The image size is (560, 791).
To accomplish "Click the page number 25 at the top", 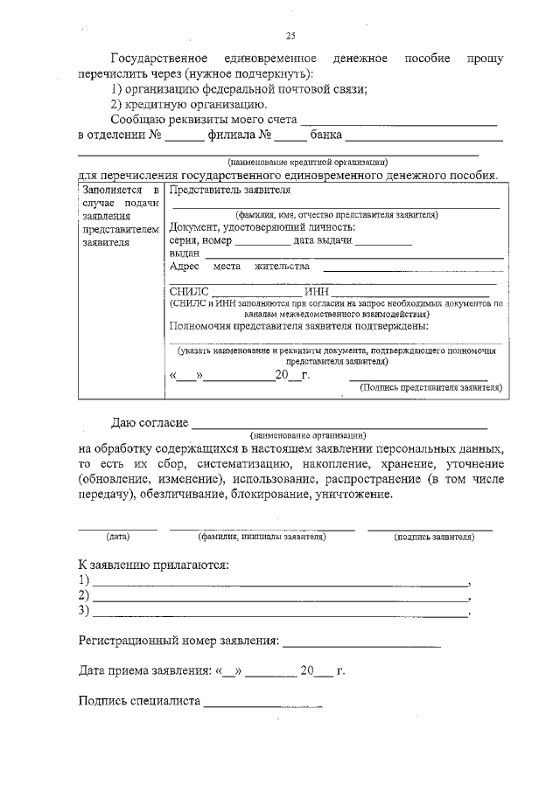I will (290, 36).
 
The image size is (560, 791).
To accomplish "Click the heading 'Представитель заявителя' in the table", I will (230, 190).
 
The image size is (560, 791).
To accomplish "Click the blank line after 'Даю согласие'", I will (339, 427).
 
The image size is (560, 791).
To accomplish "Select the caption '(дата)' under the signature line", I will (117, 536).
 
